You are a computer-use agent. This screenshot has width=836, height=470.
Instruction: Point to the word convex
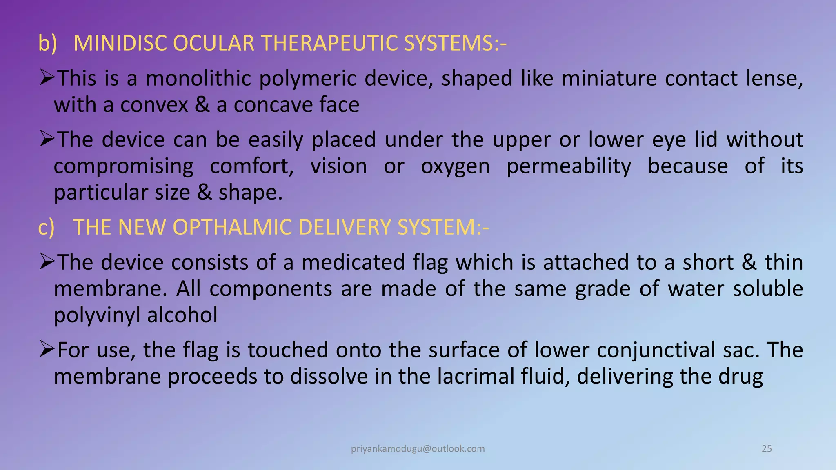[154, 105]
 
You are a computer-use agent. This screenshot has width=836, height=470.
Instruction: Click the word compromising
[124, 167]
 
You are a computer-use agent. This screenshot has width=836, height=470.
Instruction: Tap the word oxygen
[455, 167]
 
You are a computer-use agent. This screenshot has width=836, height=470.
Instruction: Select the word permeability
[569, 167]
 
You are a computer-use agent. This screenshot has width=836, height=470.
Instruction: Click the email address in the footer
[418, 449]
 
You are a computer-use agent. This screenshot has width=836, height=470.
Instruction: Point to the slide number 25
[767, 449]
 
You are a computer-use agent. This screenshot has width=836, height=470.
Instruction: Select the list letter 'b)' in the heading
[47, 43]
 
